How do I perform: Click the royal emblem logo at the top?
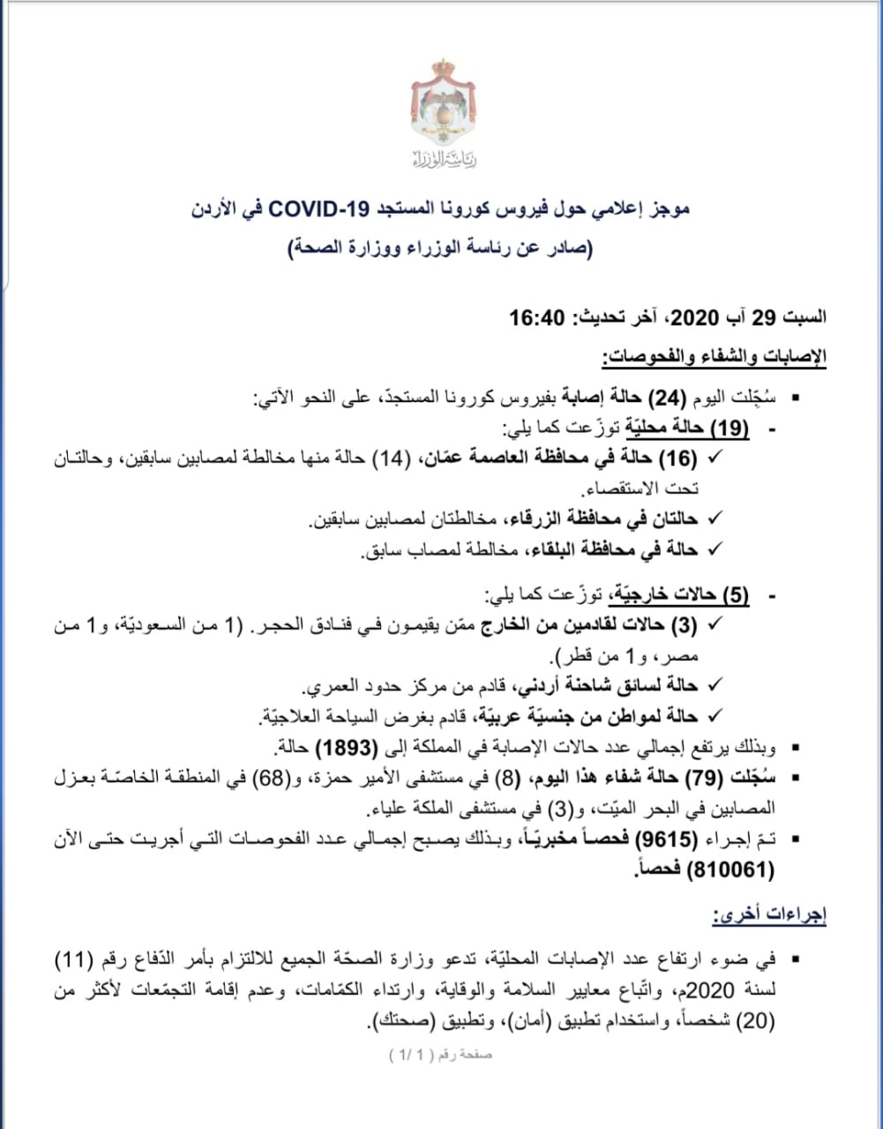tap(443, 104)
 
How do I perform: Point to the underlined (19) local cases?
tap(730, 429)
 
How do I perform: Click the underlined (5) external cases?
tap(735, 596)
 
